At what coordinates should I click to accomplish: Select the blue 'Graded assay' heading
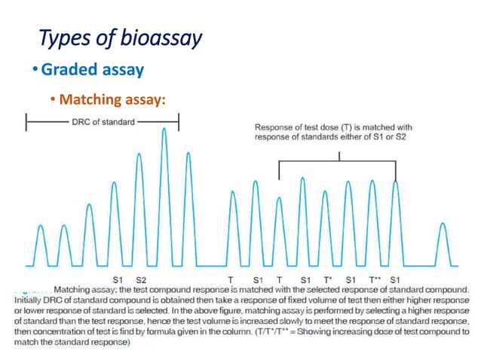click(x=92, y=69)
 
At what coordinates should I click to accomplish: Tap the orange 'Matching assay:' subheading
click(x=112, y=99)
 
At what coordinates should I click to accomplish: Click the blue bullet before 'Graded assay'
click(x=35, y=70)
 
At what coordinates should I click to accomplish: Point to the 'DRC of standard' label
click(x=103, y=122)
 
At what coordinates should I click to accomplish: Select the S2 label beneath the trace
click(x=140, y=279)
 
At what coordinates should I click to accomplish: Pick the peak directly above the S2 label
click(x=139, y=155)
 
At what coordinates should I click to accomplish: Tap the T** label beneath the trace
click(x=375, y=279)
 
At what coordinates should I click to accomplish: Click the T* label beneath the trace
click(x=329, y=279)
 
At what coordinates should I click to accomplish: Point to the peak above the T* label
click(x=325, y=193)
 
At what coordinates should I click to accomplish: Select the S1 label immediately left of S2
click(x=118, y=279)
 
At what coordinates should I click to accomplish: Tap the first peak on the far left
click(x=41, y=226)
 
